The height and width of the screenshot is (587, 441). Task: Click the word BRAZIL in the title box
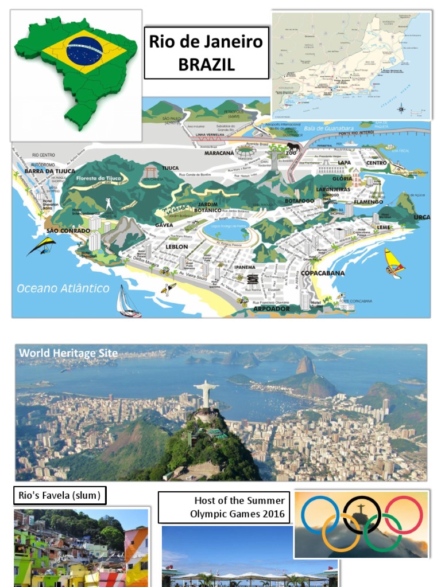(206, 65)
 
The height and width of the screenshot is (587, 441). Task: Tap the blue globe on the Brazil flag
(84, 50)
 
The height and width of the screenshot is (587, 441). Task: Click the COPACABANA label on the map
(323, 273)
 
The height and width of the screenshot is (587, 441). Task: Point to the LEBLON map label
(176, 246)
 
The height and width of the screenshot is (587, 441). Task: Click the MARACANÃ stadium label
(219, 153)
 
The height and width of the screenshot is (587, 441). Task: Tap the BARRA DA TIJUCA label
(49, 171)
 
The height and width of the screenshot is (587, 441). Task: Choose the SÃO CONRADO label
(68, 230)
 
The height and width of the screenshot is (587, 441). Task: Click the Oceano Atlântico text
(63, 288)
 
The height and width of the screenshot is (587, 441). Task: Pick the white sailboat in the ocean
(127, 303)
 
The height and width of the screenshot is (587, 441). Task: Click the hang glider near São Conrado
(41, 245)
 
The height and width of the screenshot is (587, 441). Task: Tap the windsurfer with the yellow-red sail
(394, 263)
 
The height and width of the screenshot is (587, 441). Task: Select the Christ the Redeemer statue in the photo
(206, 394)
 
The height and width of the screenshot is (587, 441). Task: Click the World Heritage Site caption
(68, 353)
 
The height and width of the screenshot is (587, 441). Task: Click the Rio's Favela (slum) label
(60, 495)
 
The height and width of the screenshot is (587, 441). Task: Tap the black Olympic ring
(362, 514)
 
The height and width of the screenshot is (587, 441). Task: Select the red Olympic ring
(403, 514)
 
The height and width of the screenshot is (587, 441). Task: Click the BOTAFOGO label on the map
(299, 201)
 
